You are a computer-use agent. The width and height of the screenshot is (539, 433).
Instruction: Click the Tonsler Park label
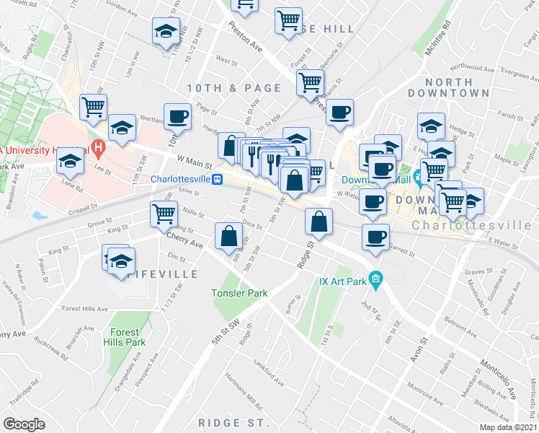[x=239, y=293]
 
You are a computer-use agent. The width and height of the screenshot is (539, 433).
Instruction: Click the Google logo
[x=24, y=424]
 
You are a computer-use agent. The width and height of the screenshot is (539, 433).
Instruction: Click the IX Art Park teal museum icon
[x=375, y=278]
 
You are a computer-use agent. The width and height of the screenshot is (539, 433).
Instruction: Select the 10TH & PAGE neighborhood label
[x=233, y=88]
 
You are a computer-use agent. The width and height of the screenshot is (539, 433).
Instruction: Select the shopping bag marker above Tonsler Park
[x=229, y=235]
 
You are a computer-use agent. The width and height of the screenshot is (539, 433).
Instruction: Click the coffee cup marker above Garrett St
[x=375, y=236]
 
